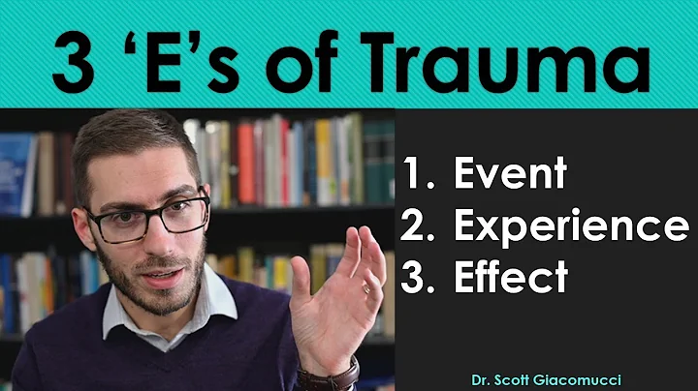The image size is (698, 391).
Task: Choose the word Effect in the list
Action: [x=510, y=277]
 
